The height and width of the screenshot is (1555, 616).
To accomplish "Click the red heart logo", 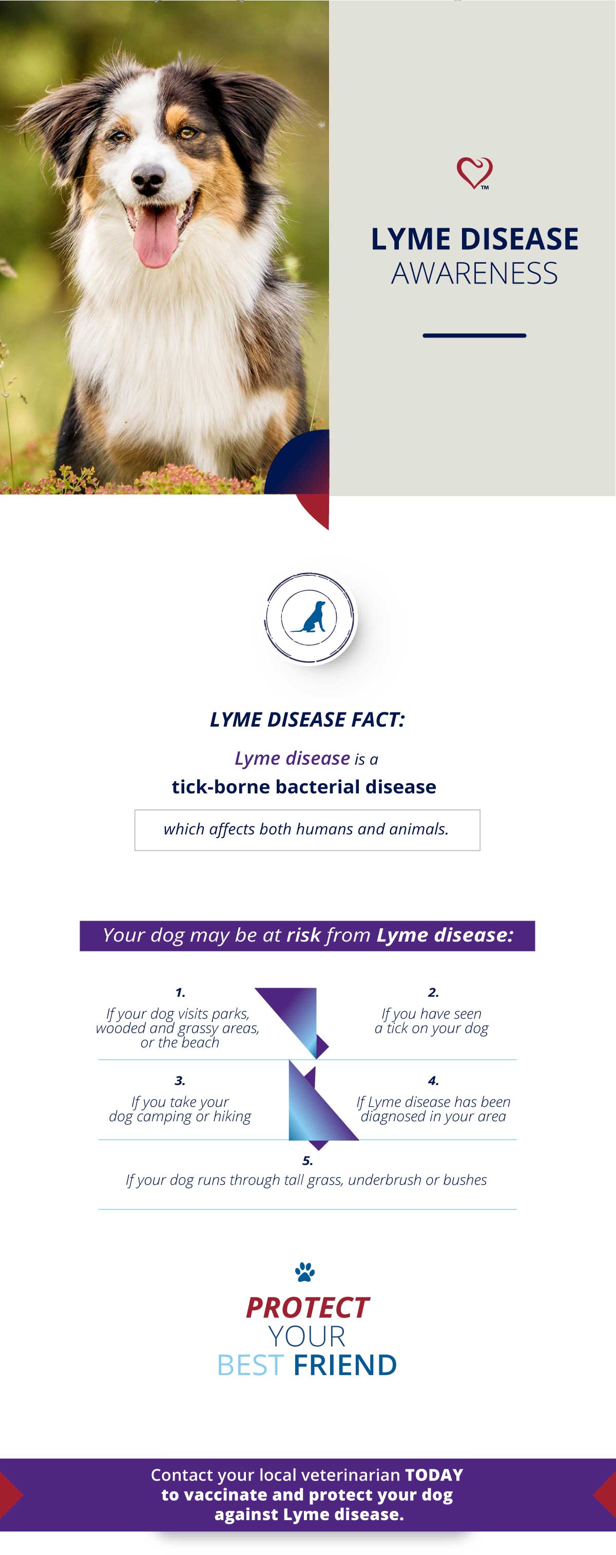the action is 475,173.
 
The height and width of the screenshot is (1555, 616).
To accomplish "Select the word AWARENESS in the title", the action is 475,273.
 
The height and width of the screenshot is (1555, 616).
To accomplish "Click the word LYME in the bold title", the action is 411,239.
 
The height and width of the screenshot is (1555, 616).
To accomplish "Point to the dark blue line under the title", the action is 475,335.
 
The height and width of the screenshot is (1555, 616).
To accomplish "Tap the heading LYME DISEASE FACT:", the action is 307,720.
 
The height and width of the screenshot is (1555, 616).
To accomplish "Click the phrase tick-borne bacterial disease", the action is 304,787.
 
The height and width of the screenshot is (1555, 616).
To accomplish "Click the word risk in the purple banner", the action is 303,935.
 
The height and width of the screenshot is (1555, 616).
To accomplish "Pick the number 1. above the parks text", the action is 180,992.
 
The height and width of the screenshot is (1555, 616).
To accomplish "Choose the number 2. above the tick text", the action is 433,992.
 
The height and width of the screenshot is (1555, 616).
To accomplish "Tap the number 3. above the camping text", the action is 180,1081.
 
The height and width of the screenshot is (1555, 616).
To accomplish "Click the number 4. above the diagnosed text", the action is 433,1081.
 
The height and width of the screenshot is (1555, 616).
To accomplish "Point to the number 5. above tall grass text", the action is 307,1161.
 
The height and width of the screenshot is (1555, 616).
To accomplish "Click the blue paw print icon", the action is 305,1272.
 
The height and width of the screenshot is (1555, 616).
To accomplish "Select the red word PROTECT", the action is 307,1308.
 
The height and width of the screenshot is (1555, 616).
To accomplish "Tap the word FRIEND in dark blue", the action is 345,1365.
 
